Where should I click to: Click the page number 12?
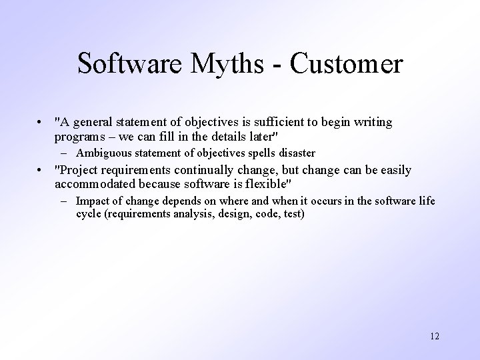tap(434, 335)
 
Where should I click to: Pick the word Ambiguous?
tap(104, 153)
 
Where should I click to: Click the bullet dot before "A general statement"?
tap(41, 123)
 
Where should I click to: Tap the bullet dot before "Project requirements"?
tap(41, 171)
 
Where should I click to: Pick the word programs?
tap(76, 136)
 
